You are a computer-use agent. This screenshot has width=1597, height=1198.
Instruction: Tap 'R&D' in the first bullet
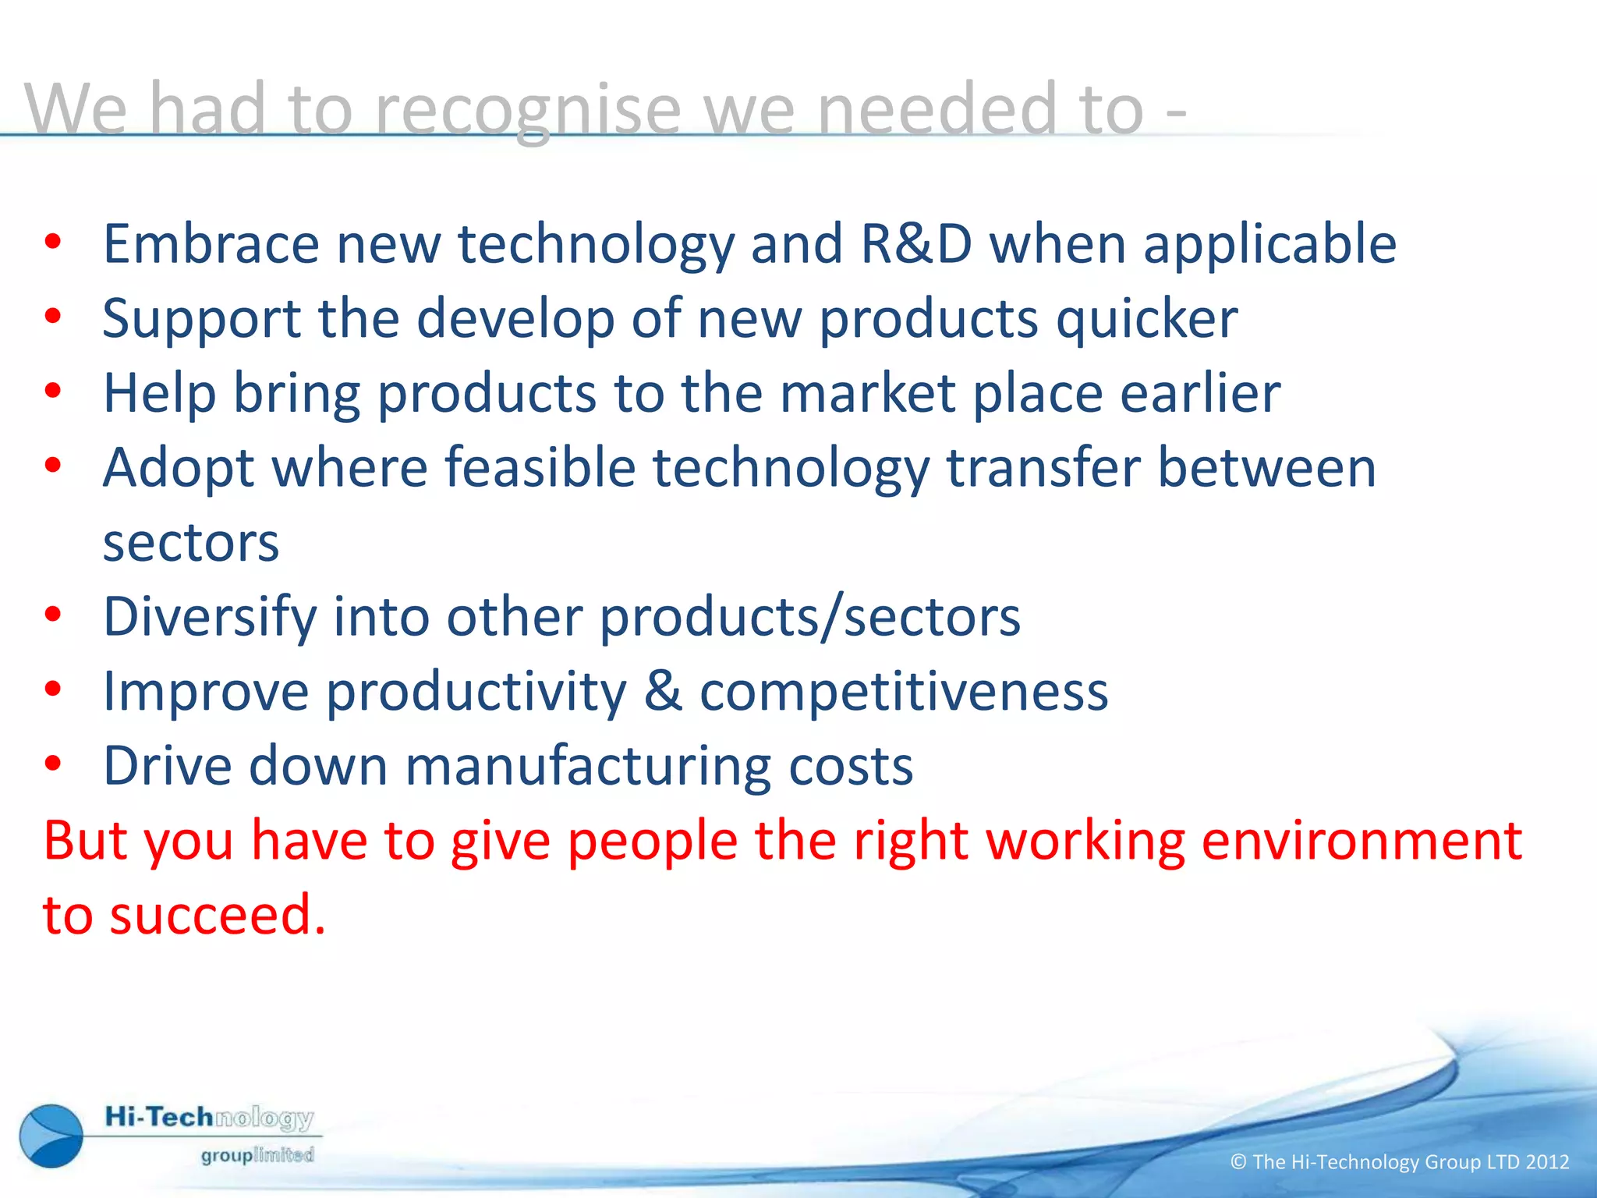pos(916,244)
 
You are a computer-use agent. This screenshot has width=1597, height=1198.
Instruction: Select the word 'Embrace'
pos(211,244)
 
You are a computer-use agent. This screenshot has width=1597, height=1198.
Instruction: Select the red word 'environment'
pos(1361,842)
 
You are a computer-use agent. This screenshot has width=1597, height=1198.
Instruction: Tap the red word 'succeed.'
pos(217,916)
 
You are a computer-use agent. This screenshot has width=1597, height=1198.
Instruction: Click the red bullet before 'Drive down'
pos(52,764)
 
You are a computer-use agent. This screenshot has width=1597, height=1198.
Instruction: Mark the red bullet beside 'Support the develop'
pos(52,316)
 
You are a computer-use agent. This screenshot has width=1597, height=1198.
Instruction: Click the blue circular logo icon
pos(51,1136)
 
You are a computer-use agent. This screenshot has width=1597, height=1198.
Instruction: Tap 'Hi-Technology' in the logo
pos(209,1118)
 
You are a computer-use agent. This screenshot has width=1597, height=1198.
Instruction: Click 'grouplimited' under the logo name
pos(257,1155)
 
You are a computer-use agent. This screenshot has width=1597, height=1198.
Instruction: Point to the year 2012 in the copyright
pos(1547,1162)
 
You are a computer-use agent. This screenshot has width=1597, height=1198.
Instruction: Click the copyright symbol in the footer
pos(1238,1162)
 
